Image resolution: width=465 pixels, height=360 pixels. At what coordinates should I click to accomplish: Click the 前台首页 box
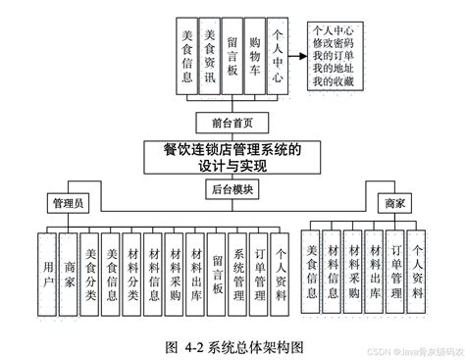[232, 124]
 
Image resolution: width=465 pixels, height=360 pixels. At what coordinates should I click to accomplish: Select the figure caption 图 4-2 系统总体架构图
[232, 345]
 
